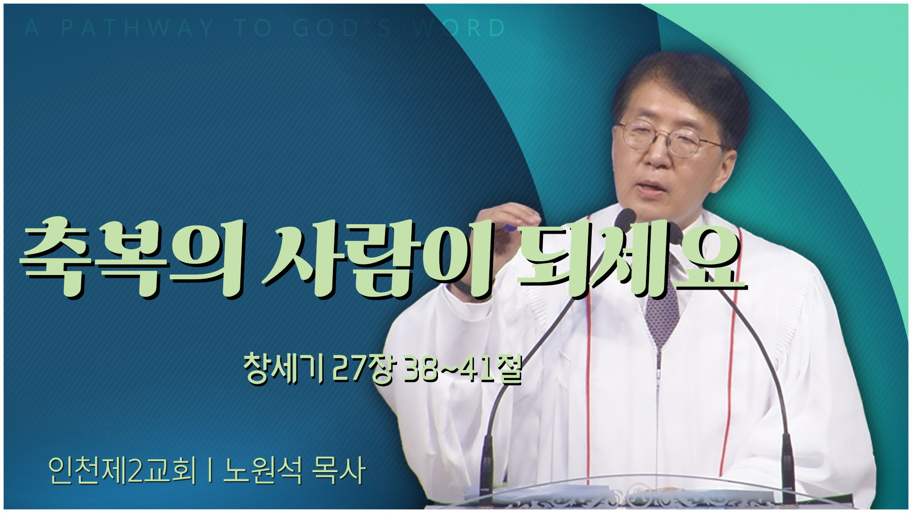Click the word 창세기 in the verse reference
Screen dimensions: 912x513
coord(284,369)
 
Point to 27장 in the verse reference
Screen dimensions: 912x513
coord(363,369)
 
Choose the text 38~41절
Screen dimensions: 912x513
coord(463,369)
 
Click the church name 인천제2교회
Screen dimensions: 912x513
coord(122,471)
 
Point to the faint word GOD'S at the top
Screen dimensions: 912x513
coord(342,28)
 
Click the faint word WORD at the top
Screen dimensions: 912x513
coord(459,28)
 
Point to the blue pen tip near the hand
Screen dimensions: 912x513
coord(511,228)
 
